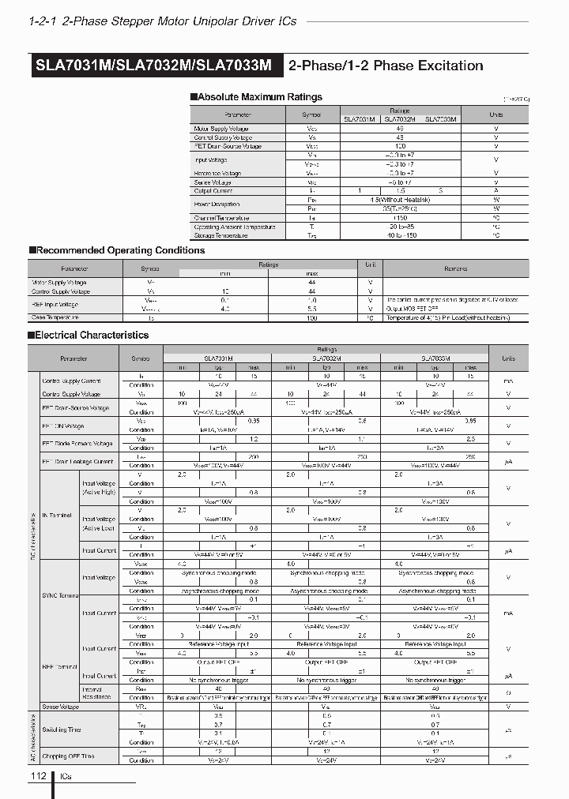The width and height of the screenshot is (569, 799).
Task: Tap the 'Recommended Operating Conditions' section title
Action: tap(121, 250)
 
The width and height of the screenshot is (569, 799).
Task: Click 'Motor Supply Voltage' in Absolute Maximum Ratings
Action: tap(221, 128)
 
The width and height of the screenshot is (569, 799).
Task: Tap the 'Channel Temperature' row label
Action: tap(222, 218)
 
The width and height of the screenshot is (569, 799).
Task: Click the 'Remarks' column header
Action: tap(456, 268)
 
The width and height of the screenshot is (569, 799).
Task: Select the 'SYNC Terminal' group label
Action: tap(60, 595)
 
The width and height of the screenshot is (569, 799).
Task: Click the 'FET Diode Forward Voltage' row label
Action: tap(77, 443)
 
